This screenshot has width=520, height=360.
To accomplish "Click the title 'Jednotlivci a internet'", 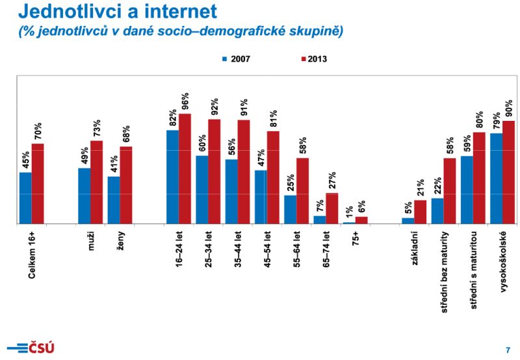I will (x=116, y=12).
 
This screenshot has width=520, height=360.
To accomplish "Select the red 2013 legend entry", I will (x=313, y=58).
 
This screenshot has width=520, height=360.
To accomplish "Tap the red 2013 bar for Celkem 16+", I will (x=38, y=183).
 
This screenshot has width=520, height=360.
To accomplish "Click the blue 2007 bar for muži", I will (x=84, y=196).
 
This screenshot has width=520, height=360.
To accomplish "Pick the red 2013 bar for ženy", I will (x=126, y=185).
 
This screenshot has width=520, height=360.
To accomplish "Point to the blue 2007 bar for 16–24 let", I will (x=172, y=177).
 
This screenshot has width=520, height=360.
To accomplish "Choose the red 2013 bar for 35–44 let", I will (x=244, y=172).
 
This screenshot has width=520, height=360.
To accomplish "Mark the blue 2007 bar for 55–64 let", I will (x=290, y=209).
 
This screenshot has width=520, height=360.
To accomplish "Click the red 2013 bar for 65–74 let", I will (x=332, y=208).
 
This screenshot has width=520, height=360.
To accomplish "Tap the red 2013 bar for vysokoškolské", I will (x=508, y=172).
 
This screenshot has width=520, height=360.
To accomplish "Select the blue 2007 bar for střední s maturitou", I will (x=467, y=190).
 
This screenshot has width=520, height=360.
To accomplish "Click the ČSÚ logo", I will (x=31, y=347).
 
